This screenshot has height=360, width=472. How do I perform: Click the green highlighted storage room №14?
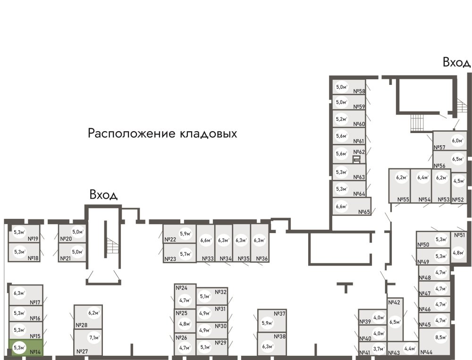pos(26,349)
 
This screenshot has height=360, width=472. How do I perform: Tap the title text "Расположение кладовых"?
pos(162,134)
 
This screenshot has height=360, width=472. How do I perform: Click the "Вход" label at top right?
pos(456,62)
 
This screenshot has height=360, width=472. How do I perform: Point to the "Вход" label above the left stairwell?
pos(103,195)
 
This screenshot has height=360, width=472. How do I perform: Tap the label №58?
pos(360,92)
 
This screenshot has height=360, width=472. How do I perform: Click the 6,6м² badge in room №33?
pos(206,240)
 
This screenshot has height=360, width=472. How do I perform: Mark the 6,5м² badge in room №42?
pos(395,322)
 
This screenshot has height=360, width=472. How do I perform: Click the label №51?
pos(459,235)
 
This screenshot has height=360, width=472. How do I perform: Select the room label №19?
pos(33,239)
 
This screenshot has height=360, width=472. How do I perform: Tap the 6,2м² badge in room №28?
pos(94,312)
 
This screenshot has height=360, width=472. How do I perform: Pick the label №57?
pos(440,148)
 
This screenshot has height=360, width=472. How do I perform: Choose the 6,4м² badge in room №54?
pos(423,178)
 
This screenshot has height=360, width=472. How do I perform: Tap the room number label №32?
pos(221,292)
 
